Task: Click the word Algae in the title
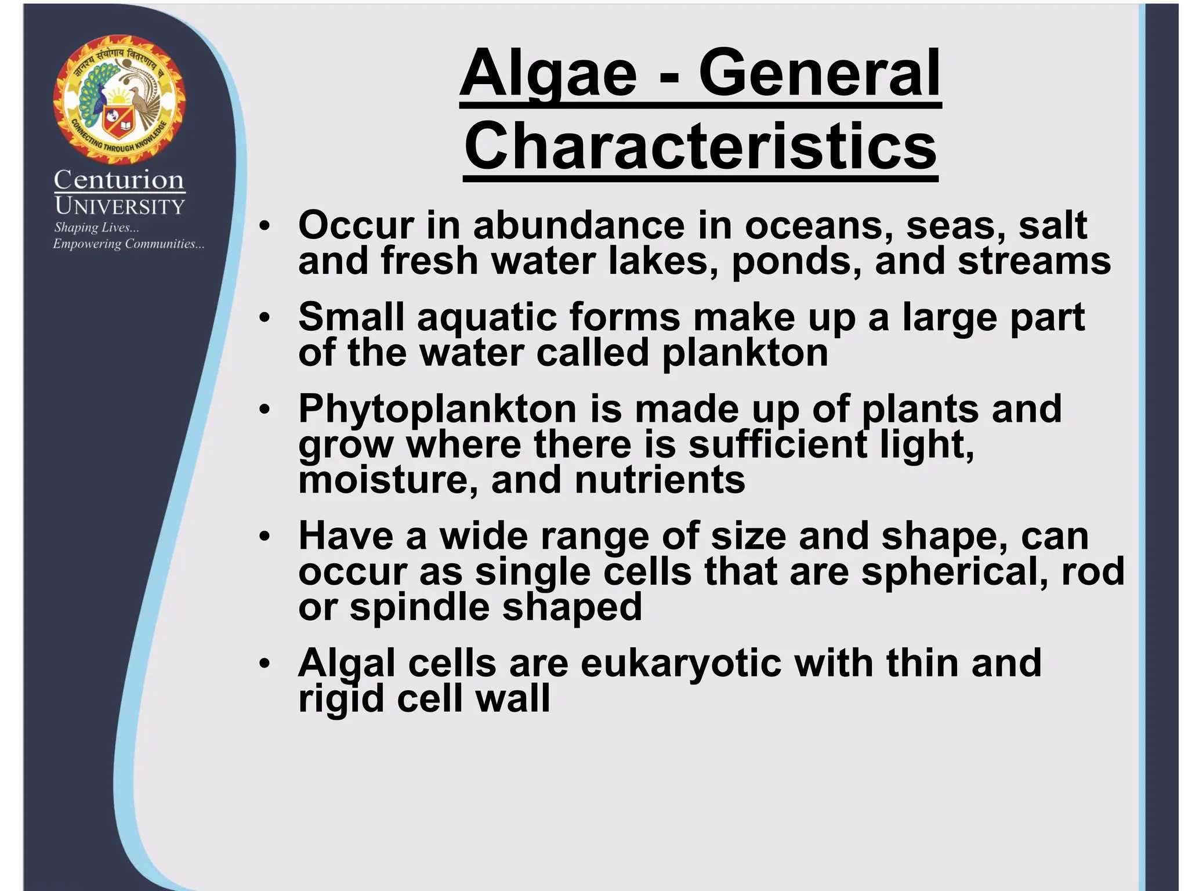[x=548, y=74]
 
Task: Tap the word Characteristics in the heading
[x=700, y=146]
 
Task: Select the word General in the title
[x=819, y=74]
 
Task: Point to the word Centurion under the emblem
[x=119, y=180]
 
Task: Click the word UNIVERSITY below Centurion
[x=119, y=206]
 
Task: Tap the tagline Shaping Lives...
[x=96, y=227]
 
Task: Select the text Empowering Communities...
[x=128, y=244]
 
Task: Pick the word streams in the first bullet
[x=1034, y=260]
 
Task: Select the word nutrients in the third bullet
[x=660, y=480]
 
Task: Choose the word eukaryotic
[x=680, y=663]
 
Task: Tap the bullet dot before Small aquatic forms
[x=265, y=317]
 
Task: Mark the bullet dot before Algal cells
[x=265, y=663]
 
